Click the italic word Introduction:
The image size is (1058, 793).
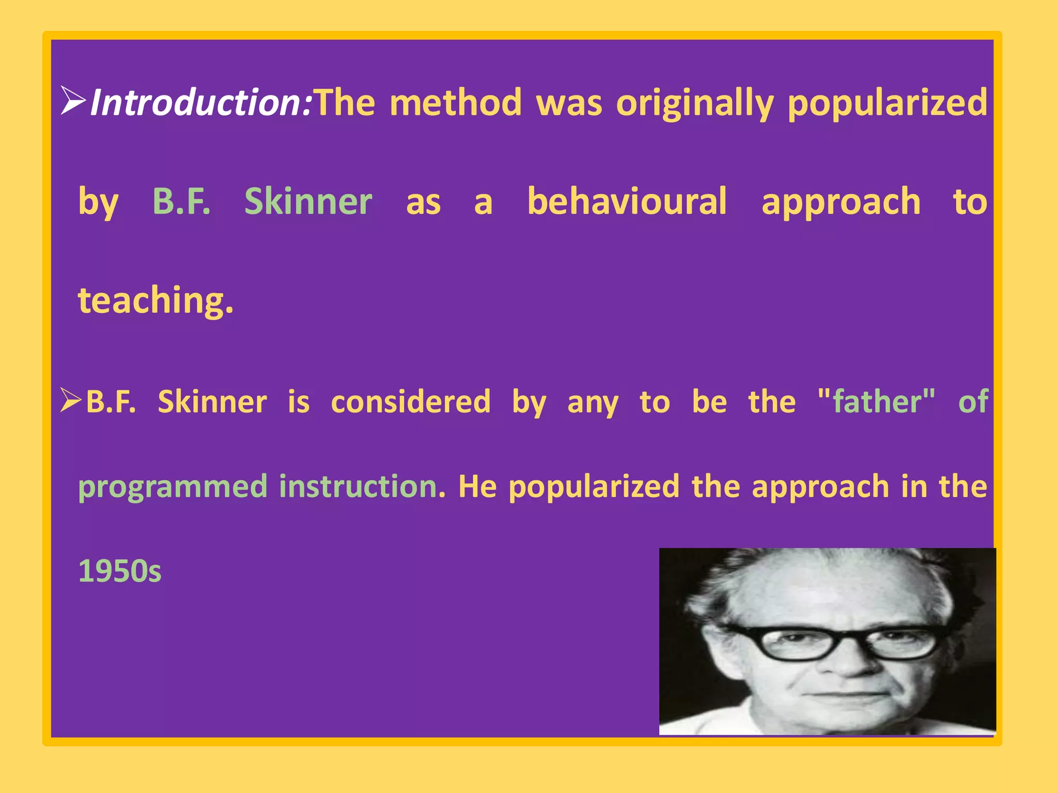(x=201, y=102)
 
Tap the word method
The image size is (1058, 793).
(x=456, y=102)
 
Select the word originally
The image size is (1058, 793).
(x=695, y=103)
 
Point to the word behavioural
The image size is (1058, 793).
(x=627, y=201)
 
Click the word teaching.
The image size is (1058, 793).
(x=155, y=300)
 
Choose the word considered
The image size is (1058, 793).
(x=411, y=402)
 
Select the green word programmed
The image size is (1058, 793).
(x=173, y=487)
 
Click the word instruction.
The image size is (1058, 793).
(x=362, y=486)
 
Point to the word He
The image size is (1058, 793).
(x=477, y=486)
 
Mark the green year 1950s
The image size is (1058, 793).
(x=120, y=571)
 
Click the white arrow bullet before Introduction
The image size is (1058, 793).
(x=73, y=101)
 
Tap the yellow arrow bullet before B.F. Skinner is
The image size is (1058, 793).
(x=71, y=400)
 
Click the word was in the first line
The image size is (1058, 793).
(x=569, y=102)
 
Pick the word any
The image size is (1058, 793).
(x=593, y=403)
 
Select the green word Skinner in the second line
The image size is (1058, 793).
(x=308, y=201)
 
